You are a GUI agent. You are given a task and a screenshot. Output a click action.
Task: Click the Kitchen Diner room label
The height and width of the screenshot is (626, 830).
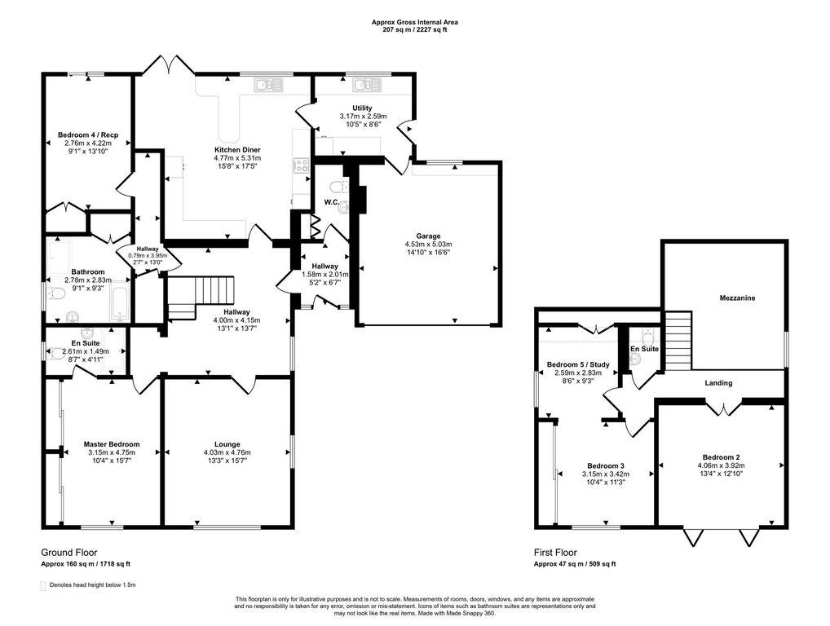click(x=237, y=150)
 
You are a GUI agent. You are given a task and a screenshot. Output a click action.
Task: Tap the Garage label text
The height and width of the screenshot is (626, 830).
click(x=428, y=236)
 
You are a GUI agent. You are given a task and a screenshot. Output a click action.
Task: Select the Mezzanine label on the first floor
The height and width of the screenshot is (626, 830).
click(x=737, y=298)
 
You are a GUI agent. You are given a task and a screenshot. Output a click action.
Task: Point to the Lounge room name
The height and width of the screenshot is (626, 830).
click(x=227, y=444)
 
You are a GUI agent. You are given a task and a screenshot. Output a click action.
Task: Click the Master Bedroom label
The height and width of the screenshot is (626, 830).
click(x=112, y=444)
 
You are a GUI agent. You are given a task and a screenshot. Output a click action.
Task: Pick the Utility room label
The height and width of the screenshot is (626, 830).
click(x=363, y=108)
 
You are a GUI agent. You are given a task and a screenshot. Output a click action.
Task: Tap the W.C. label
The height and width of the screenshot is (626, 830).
click(x=332, y=202)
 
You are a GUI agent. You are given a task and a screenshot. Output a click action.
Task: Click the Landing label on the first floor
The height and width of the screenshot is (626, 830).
click(x=718, y=382)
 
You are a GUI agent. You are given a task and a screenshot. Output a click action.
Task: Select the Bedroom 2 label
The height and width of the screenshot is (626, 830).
click(x=721, y=457)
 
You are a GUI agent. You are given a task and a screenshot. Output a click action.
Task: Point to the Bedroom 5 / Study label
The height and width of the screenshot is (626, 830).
click(x=578, y=364)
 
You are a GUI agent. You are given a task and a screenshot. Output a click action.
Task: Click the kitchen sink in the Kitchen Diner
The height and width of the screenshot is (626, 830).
click(x=269, y=84)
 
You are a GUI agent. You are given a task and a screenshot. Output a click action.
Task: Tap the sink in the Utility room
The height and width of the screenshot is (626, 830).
click(x=368, y=84)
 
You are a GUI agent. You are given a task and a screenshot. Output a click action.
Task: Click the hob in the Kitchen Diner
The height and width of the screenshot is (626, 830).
click(x=301, y=165)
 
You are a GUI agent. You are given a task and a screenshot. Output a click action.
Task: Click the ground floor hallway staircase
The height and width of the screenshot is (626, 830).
click(x=201, y=297)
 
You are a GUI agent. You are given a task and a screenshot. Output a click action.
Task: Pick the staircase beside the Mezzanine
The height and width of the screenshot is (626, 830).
click(x=678, y=340)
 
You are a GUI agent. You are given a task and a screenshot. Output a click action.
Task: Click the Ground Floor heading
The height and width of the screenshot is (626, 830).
click(x=68, y=553)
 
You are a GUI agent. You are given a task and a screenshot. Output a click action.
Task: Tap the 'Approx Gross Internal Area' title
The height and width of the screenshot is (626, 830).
click(x=414, y=22)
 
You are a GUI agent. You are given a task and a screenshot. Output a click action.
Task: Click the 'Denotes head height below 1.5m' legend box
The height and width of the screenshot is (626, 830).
click(x=43, y=586)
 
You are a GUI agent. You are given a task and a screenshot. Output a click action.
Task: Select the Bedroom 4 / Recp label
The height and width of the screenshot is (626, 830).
click(x=88, y=135)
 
